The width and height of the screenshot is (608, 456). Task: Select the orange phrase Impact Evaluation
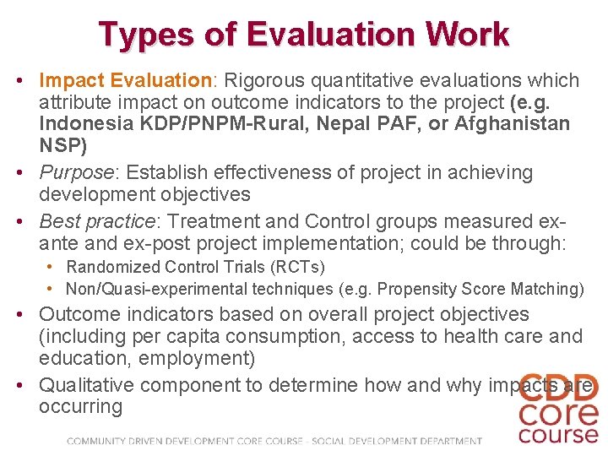(125, 81)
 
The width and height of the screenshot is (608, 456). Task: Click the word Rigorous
(262, 81)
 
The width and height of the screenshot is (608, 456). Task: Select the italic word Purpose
(76, 173)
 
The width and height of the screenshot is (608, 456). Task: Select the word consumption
(274, 337)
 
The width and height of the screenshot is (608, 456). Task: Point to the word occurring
(81, 407)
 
